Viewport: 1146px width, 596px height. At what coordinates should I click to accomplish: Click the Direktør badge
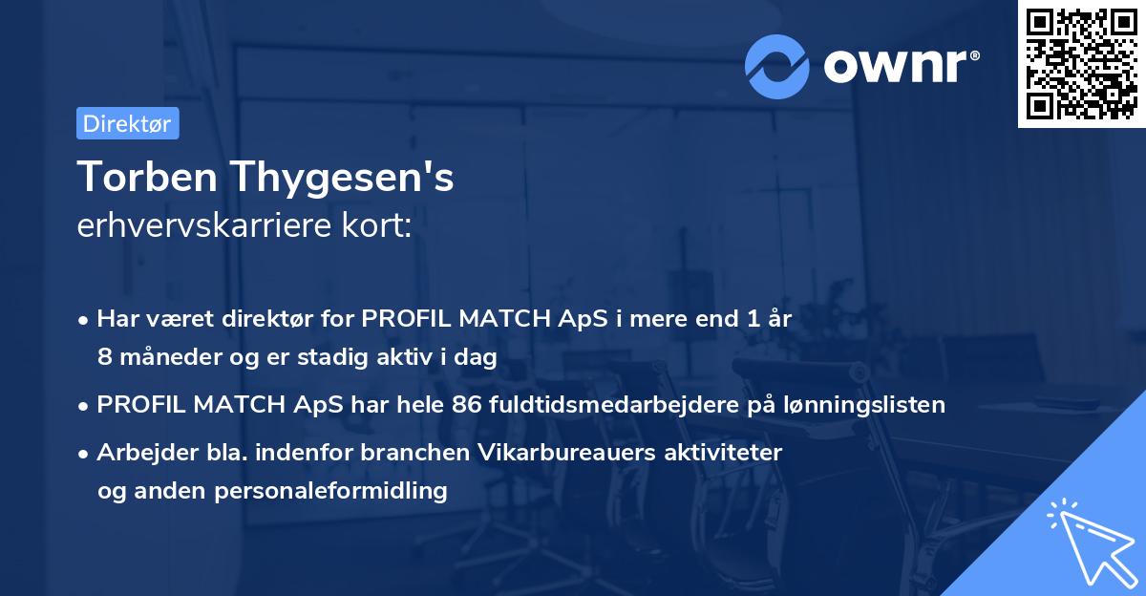point(127,123)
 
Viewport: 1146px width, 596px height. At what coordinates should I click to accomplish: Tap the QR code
point(1080,63)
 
